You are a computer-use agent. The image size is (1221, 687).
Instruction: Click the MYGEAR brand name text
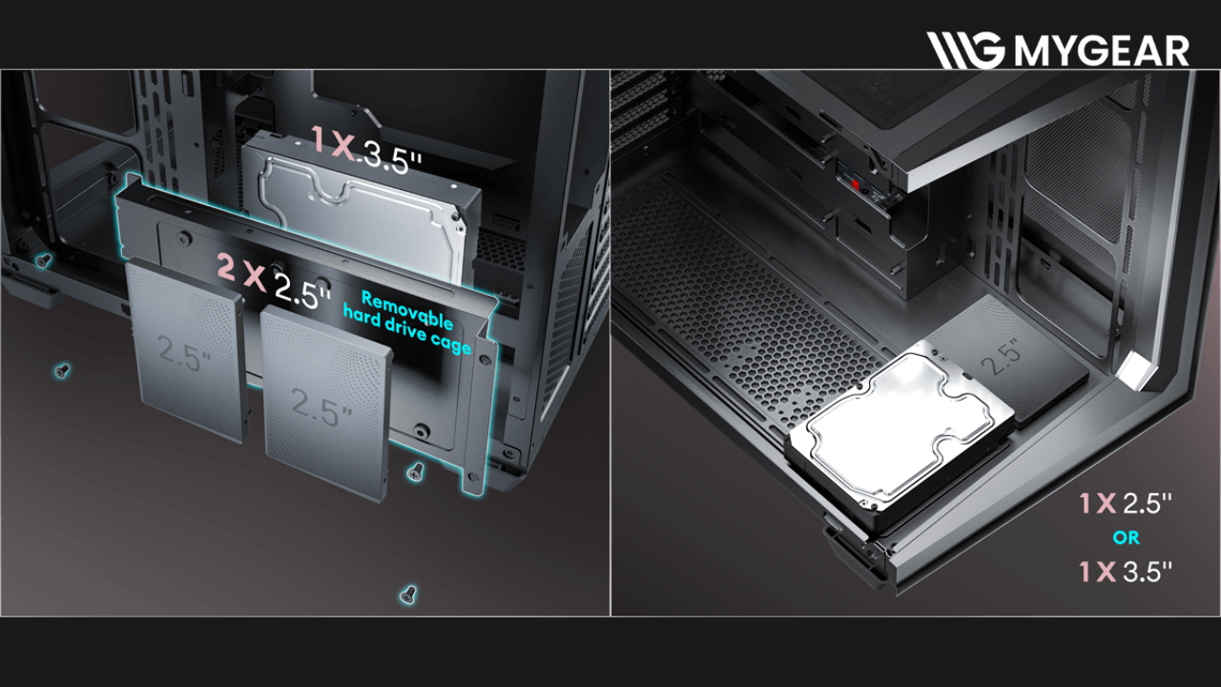1102,51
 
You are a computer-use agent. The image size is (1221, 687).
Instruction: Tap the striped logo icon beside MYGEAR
965,51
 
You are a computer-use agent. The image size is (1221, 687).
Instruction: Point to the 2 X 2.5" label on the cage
274,281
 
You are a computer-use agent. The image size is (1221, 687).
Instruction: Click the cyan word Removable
407,311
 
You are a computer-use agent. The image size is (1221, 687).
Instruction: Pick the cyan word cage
451,343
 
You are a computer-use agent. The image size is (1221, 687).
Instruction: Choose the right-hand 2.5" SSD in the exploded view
325,403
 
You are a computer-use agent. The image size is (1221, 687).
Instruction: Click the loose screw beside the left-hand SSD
62,371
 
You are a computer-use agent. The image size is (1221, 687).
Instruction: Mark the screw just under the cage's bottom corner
416,471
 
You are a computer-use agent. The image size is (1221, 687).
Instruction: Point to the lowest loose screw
408,594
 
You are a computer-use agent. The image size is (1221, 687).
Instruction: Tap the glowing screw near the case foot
43,260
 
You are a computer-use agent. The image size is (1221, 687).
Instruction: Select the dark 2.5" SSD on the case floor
1008,361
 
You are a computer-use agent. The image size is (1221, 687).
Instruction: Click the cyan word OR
1127,538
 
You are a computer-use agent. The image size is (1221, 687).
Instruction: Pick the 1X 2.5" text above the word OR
1125,504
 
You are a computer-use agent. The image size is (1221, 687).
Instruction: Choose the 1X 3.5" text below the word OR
1125,572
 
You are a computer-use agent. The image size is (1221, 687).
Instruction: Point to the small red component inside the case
856,185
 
